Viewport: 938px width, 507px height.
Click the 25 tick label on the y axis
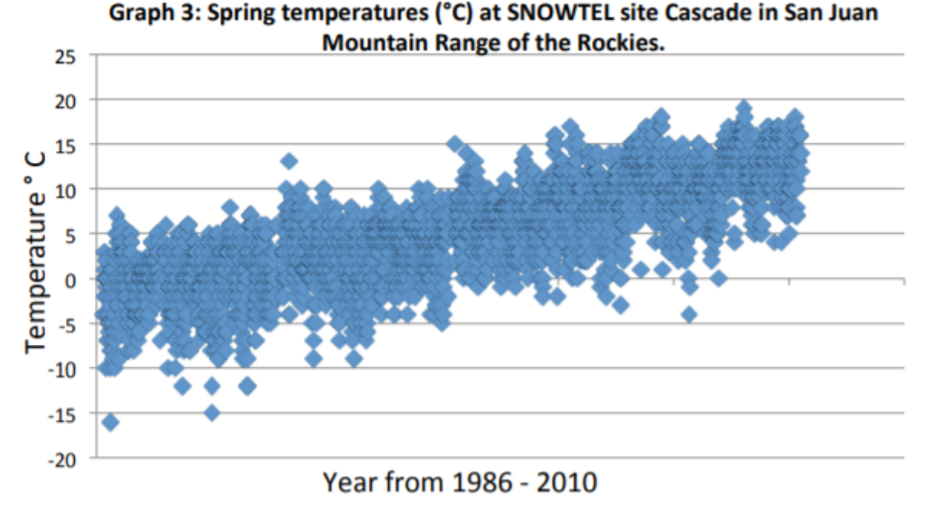64,56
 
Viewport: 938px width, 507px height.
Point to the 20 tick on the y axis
64,100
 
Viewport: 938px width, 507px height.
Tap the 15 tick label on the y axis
64,145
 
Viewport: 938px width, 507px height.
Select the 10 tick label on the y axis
64,190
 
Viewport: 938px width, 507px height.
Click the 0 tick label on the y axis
70,280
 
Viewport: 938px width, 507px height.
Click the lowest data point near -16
110,423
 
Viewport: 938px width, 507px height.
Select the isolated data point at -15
212,413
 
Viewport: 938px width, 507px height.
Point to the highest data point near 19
744,108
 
